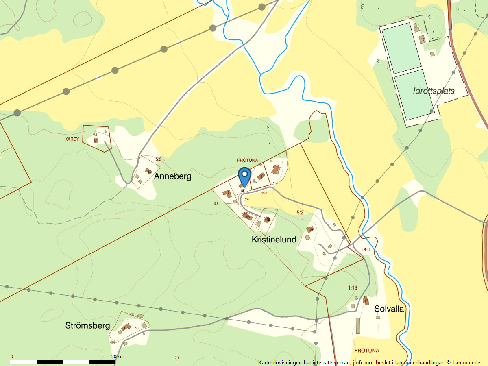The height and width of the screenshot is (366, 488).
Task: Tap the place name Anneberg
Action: (x=172, y=176)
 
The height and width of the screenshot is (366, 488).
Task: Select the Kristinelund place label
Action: (x=274, y=240)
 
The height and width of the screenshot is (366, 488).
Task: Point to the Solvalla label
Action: (x=389, y=309)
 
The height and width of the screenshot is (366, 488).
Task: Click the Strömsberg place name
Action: (x=87, y=326)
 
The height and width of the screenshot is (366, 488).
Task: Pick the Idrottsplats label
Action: (x=434, y=91)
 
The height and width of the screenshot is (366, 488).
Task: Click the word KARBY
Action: (x=72, y=139)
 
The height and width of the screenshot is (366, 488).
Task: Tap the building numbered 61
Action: (x=96, y=140)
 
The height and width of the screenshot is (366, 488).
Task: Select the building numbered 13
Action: (x=261, y=176)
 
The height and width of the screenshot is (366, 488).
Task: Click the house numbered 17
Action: (x=228, y=193)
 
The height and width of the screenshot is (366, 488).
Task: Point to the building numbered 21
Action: (x=311, y=229)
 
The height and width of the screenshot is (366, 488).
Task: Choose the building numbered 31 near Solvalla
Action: (x=366, y=301)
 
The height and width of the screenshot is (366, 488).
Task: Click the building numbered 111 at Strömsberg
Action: (x=125, y=327)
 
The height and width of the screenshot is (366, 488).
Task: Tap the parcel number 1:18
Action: (x=352, y=288)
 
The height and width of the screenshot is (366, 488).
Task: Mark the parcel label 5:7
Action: (x=216, y=203)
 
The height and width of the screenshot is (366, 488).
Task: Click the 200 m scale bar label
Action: (x=118, y=357)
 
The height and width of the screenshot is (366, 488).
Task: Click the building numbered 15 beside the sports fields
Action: (x=423, y=39)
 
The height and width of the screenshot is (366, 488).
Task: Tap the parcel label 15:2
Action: (x=264, y=194)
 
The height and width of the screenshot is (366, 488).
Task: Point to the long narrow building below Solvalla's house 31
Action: (x=358, y=326)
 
